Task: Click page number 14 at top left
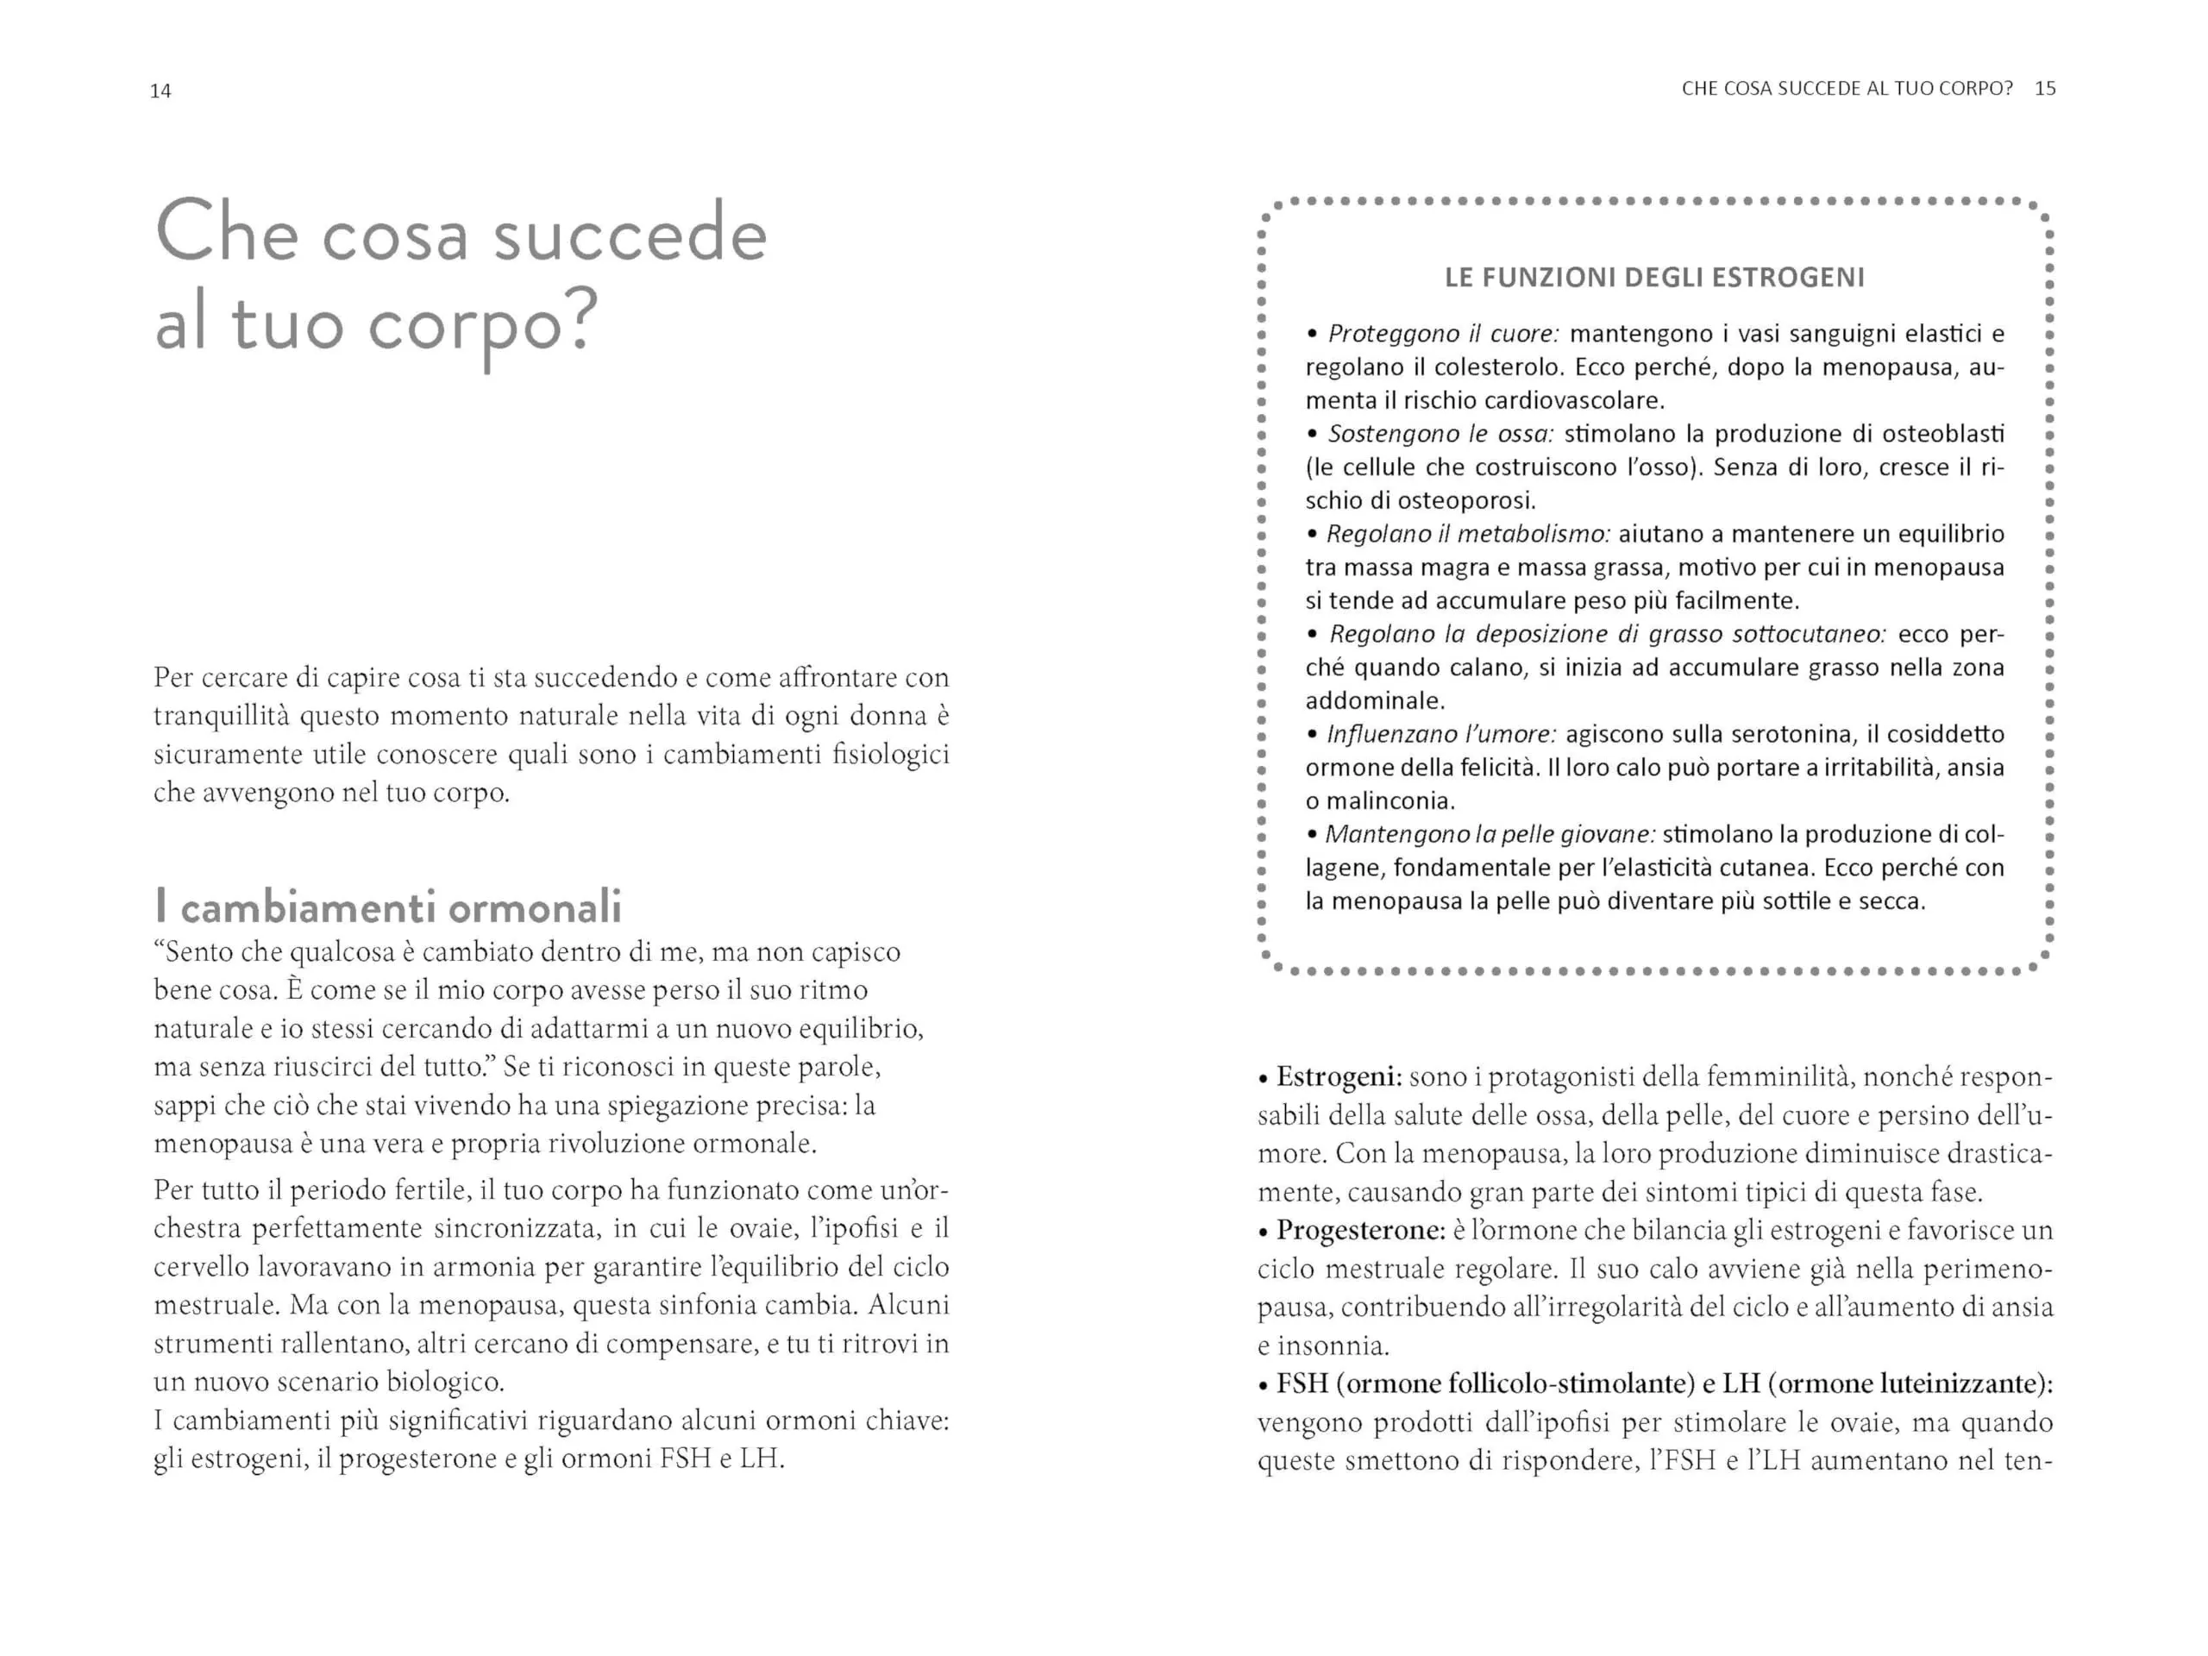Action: point(160,91)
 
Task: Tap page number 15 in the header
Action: point(2044,89)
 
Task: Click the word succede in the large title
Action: point(630,235)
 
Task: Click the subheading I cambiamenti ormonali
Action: point(388,906)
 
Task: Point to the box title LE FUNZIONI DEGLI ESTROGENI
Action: point(1654,278)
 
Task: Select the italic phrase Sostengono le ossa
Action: point(1441,434)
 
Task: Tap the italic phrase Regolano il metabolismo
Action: point(1467,534)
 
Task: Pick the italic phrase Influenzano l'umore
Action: point(1441,735)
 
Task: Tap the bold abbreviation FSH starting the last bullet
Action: point(1302,1384)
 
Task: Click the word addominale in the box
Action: point(1373,700)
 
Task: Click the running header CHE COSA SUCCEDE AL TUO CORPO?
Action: point(1847,89)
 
